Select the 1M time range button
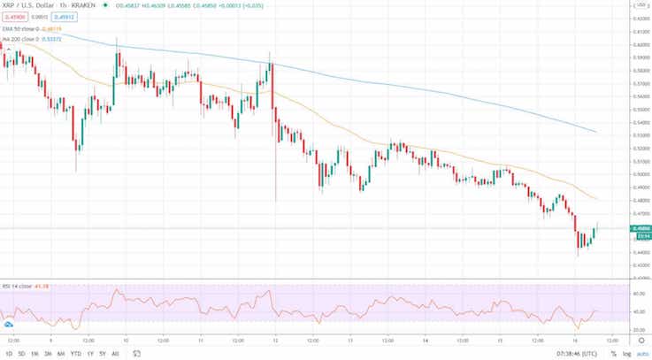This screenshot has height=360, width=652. tap(34, 353)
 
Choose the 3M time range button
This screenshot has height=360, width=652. tap(47, 353)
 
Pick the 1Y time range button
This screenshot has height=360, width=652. tap(89, 353)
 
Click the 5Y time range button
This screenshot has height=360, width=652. tap(103, 353)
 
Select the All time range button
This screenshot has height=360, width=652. tap(115, 353)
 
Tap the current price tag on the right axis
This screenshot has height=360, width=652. tap(640, 228)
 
